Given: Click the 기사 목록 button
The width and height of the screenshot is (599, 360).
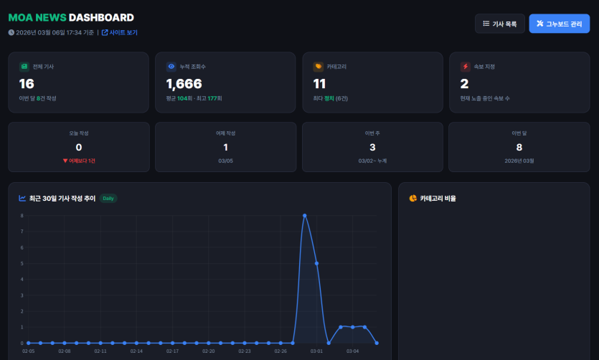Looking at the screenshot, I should pyautogui.click(x=500, y=24).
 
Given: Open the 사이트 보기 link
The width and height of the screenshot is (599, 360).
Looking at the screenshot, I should pyautogui.click(x=119, y=32).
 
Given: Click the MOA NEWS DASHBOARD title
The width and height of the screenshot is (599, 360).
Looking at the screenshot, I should pyautogui.click(x=70, y=17).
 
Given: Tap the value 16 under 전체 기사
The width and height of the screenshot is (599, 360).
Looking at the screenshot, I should pyautogui.click(x=27, y=83).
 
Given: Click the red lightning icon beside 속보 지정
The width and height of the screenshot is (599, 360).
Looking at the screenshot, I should pyautogui.click(x=466, y=67).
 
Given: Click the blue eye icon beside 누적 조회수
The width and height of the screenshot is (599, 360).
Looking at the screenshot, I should pyautogui.click(x=171, y=67).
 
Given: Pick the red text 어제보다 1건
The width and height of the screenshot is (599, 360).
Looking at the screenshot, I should pyautogui.click(x=79, y=161).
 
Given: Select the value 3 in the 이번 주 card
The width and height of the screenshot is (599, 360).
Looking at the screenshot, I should pyautogui.click(x=372, y=147).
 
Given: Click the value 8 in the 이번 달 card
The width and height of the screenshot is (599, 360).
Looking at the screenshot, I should pyautogui.click(x=519, y=147).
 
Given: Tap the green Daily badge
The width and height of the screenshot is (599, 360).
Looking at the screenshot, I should pyautogui.click(x=108, y=198).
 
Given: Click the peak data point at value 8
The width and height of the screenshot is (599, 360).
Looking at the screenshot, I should pyautogui.click(x=305, y=215).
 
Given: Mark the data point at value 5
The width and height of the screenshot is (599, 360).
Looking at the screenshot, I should pyautogui.click(x=316, y=263).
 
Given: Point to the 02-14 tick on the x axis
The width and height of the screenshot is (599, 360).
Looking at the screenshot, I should pyautogui.click(x=136, y=351).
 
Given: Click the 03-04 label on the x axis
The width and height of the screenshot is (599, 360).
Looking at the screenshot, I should pyautogui.click(x=353, y=351).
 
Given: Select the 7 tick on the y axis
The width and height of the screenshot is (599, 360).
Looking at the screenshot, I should pyautogui.click(x=22, y=232).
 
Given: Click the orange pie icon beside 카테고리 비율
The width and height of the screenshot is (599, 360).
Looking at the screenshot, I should pyautogui.click(x=412, y=198).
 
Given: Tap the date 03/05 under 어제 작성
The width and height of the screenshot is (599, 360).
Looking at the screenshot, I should pyautogui.click(x=225, y=161).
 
